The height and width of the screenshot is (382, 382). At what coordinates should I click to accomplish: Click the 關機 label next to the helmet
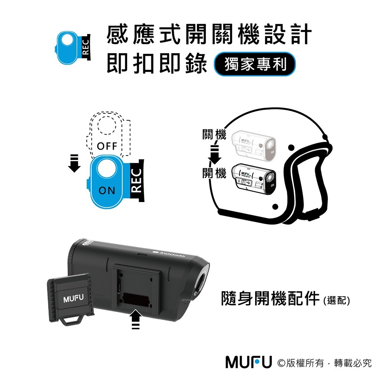pos(214,135)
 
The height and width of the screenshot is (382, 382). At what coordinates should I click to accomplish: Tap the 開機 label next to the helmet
pos(214,174)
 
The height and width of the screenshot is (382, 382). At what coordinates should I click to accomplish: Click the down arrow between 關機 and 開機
pos(214,154)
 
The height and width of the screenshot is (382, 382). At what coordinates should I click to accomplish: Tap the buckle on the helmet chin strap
pos(313,214)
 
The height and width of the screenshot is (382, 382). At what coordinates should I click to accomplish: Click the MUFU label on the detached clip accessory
pos(72,298)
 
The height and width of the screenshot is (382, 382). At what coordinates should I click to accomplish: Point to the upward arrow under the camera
pos(136,319)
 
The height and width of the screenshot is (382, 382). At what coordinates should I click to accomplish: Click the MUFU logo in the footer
pos(248,362)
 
